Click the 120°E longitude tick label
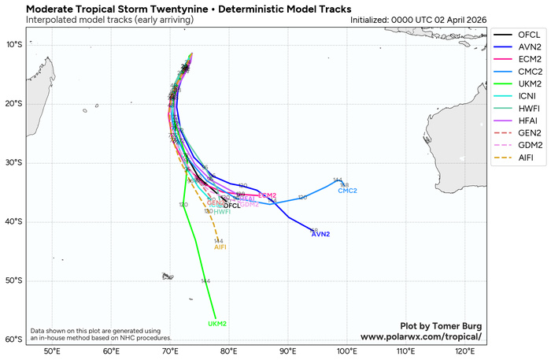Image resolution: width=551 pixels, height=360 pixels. (x=464, y=351)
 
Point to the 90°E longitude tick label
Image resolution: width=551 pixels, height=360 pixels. (x=288, y=351)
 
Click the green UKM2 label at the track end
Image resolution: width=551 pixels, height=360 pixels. (x=217, y=324)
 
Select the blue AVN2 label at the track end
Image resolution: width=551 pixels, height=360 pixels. (x=321, y=235)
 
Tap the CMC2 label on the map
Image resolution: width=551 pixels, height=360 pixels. (x=347, y=191)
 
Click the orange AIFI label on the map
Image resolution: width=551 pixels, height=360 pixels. (x=220, y=247)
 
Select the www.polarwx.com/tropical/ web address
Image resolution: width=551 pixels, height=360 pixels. (x=420, y=336)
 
